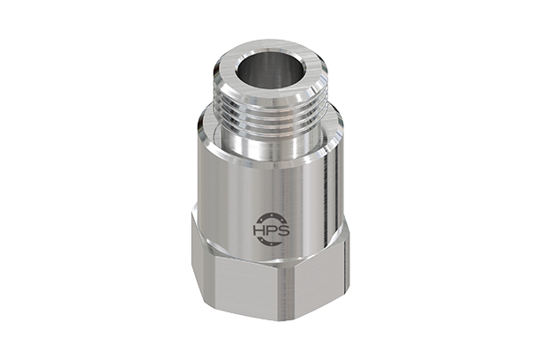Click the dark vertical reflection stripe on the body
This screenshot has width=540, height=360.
(x=324, y=194)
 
